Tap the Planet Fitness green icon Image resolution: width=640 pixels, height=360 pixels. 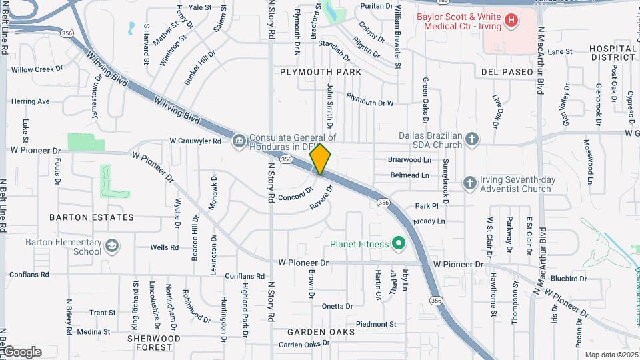point(399,244)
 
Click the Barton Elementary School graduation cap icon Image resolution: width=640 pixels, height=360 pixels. point(112,247)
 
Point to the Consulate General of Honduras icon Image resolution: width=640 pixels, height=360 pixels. point(239,141)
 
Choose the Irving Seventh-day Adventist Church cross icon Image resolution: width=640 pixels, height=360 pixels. point(469,183)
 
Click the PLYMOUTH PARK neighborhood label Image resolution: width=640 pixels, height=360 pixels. point(321,71)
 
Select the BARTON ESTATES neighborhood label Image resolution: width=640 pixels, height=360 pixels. point(91,217)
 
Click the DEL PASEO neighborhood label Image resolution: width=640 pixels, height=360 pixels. point(507,71)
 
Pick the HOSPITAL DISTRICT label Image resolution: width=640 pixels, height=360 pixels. point(613,53)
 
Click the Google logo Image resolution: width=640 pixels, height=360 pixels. point(22,352)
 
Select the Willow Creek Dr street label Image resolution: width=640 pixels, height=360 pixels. point(37,69)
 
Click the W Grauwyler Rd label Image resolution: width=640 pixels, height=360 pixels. point(195,141)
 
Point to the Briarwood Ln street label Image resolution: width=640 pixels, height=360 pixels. point(409,160)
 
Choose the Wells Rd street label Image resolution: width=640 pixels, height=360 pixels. point(164,247)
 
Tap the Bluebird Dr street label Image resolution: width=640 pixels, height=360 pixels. point(569,279)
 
